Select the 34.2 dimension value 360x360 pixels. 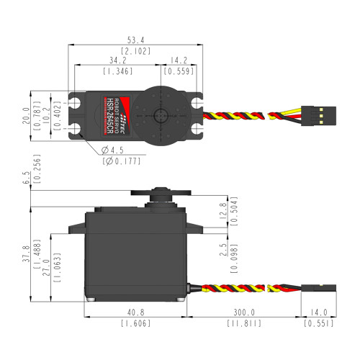coord(116,60)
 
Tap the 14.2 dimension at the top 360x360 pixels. coord(175,60)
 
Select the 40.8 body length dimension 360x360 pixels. coord(135,313)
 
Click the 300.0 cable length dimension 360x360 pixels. coord(243,313)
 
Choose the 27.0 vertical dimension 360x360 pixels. coord(49,275)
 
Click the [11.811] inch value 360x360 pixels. coord(243,325)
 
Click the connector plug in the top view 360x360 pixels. coord(315,112)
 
